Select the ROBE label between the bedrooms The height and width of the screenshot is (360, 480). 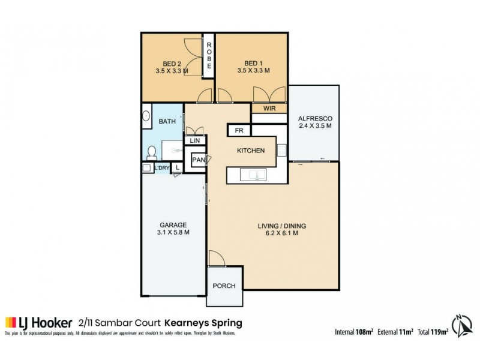(x=210, y=55)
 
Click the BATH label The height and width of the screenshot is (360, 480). (x=167, y=122)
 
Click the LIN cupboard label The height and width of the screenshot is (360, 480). (x=194, y=140)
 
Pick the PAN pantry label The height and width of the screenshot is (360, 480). (x=199, y=160)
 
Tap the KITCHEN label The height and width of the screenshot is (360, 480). (x=251, y=151)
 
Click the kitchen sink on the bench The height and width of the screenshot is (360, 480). (x=255, y=175)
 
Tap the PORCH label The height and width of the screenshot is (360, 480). (x=224, y=286)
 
